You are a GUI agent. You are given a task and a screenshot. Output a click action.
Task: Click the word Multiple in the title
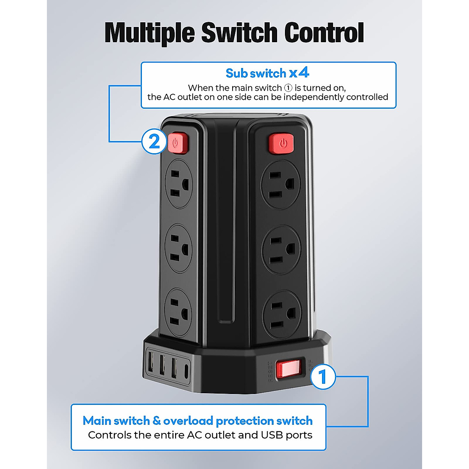150,33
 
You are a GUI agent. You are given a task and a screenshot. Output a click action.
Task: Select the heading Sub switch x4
267,73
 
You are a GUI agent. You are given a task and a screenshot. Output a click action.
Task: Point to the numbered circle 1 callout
322,377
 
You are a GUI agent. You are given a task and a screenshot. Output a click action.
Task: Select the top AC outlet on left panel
179,184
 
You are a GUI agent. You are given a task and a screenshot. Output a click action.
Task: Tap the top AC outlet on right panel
281,184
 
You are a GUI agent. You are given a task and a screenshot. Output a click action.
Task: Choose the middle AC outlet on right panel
281,250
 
